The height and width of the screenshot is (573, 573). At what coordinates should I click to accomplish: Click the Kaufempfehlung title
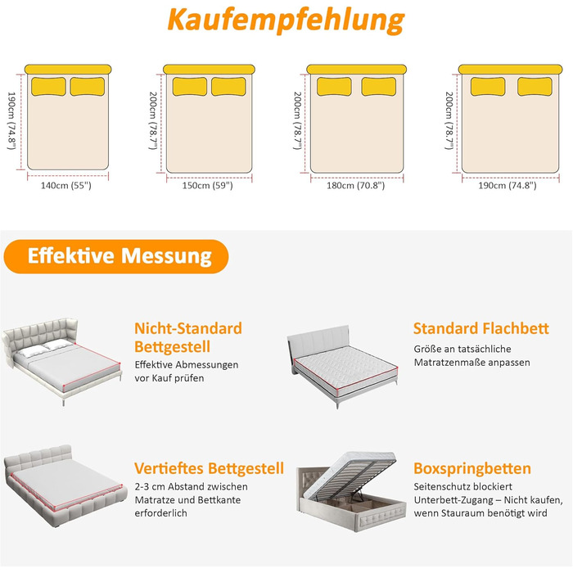click(x=286, y=20)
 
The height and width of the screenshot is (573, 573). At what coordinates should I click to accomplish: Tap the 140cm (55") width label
click(x=66, y=186)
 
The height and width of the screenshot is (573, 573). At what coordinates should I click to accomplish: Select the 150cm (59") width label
click(x=208, y=186)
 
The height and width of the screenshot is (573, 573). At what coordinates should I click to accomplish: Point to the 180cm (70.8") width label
click(x=355, y=186)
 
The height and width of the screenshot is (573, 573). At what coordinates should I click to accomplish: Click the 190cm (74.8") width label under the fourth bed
click(x=508, y=186)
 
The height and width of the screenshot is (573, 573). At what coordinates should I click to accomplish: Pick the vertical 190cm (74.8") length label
click(x=11, y=120)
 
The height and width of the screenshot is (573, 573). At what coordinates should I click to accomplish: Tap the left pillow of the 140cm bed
click(x=48, y=87)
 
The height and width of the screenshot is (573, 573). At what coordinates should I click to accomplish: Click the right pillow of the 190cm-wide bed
click(x=535, y=87)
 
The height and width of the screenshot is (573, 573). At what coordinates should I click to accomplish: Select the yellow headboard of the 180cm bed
click(x=357, y=70)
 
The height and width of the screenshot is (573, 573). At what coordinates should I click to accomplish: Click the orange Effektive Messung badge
click(x=116, y=256)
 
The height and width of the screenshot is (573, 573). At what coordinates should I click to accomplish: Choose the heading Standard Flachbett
click(x=481, y=328)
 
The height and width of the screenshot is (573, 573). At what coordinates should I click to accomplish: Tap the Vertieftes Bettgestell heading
click(x=209, y=468)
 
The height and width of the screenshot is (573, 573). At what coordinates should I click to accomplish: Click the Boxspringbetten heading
click(x=472, y=468)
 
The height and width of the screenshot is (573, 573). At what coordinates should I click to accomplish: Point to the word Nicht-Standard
click(x=188, y=328)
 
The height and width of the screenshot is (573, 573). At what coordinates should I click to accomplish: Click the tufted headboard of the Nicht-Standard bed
click(x=40, y=334)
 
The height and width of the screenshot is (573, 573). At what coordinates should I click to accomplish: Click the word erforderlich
click(x=160, y=513)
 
